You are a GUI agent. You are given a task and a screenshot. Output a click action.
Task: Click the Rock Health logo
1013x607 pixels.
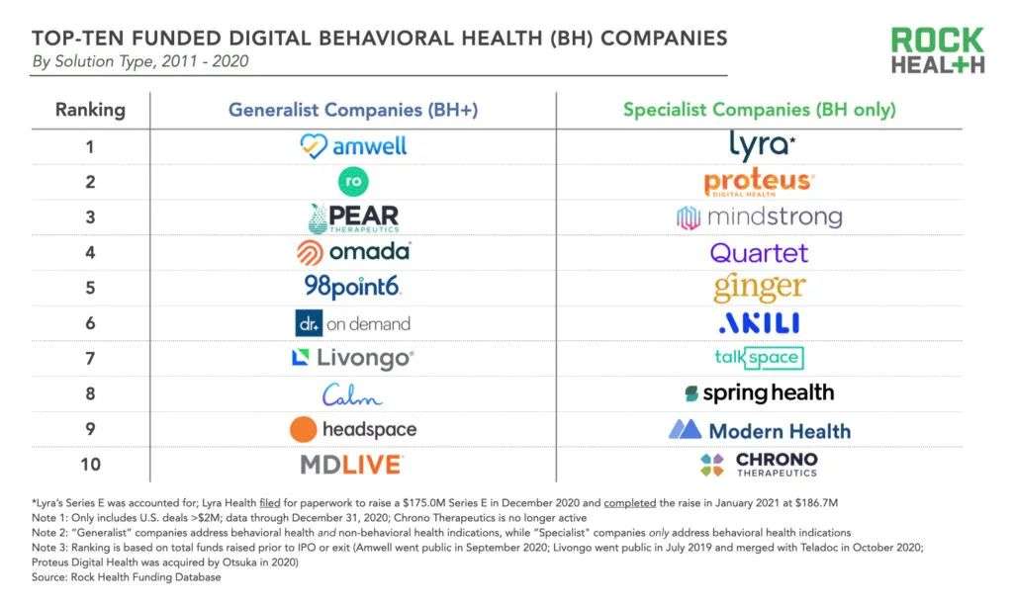click(x=937, y=51)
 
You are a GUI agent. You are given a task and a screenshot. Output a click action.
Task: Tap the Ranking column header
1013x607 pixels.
click(x=90, y=110)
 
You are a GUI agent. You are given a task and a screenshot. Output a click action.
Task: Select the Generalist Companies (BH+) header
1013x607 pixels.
click(x=353, y=110)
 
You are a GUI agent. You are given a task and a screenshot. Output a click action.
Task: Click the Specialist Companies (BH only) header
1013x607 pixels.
click(x=759, y=110)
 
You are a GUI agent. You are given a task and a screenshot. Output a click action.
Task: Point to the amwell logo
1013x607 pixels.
click(x=353, y=146)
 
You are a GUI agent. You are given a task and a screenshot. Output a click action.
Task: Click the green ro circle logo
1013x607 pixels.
click(x=353, y=182)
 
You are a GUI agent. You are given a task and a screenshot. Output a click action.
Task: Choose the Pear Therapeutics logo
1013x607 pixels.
click(x=353, y=217)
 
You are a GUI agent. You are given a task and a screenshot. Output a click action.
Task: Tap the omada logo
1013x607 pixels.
click(x=353, y=252)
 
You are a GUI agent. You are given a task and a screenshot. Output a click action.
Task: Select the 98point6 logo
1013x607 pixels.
click(x=353, y=288)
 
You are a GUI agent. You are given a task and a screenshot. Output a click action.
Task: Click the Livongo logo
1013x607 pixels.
click(x=353, y=358)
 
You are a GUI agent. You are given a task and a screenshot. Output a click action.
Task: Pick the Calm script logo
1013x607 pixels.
click(x=353, y=394)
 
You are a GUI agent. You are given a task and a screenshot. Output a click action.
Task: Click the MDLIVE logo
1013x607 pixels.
click(x=353, y=464)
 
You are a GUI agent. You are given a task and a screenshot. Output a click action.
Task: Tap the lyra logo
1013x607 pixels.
click(x=759, y=145)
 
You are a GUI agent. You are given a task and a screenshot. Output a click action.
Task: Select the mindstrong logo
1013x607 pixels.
click(x=759, y=217)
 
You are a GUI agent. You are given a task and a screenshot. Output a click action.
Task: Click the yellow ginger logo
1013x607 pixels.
click(x=759, y=288)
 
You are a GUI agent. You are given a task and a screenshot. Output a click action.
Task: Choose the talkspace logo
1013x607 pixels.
click(x=759, y=358)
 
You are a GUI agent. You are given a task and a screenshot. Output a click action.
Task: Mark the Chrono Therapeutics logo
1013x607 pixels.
click(x=759, y=464)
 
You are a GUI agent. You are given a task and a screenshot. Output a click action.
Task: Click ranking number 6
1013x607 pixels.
click(x=90, y=323)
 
